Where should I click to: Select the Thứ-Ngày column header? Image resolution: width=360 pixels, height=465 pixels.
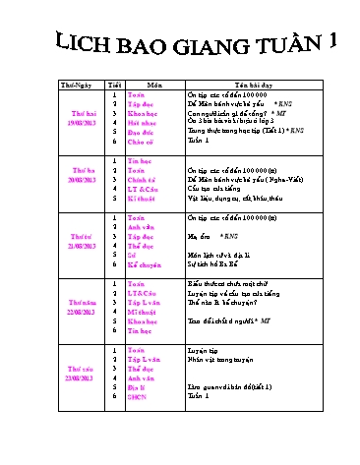[x=80, y=86]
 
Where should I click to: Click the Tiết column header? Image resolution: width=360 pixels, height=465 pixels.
[x=115, y=86]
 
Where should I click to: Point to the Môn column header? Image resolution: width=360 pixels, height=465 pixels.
[x=155, y=86]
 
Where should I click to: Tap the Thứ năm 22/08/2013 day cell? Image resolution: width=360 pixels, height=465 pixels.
[x=80, y=307]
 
